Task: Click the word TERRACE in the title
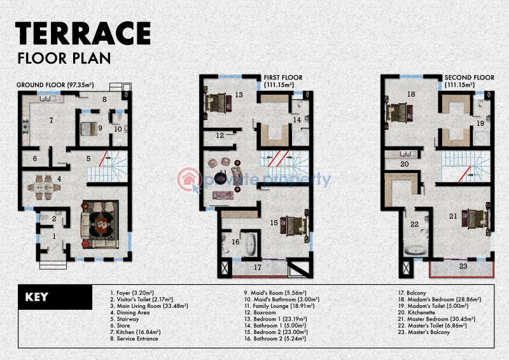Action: [x=83, y=33]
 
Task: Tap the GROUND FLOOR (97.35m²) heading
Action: [x=55, y=85]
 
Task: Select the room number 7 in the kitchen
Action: [x=52, y=120]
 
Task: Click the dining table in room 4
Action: [x=44, y=188]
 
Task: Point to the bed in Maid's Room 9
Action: [x=88, y=128]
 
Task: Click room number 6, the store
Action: [x=35, y=158]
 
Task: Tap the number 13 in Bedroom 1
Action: [x=239, y=95]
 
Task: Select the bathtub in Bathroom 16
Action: [x=251, y=244]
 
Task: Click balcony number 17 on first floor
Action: [x=258, y=267]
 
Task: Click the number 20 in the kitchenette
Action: [x=405, y=164]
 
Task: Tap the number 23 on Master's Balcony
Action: [x=463, y=267]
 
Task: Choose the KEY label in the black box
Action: [x=37, y=297]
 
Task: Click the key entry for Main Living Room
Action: [x=149, y=306]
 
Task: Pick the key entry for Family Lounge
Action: [x=279, y=306]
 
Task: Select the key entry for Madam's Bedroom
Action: [x=440, y=300]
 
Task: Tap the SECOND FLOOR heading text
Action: [x=469, y=78]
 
